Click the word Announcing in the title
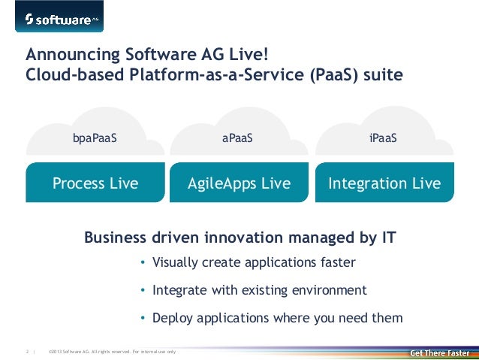tap(64, 55)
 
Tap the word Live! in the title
tap(247, 55)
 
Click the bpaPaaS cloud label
tap(95, 138)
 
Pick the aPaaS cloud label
tap(238, 138)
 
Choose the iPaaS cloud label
tap(383, 138)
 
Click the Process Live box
tap(95, 183)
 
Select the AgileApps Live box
tap(238, 183)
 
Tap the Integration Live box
tap(384, 183)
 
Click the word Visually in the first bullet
tap(175, 263)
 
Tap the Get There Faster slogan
tap(439, 352)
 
